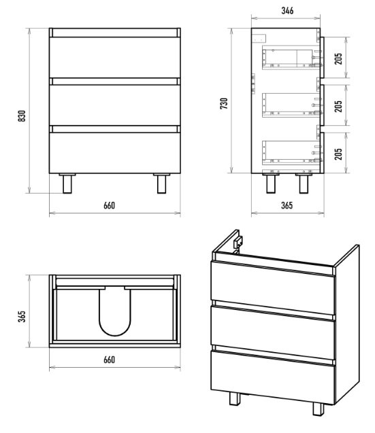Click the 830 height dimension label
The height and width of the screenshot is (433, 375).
point(22,116)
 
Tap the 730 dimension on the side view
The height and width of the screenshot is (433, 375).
point(224,103)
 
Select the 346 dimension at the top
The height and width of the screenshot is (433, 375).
point(287,11)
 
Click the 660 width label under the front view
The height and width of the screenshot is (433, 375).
point(110,205)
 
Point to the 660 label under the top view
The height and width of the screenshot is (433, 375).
point(110,360)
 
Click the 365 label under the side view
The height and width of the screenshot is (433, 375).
point(287,205)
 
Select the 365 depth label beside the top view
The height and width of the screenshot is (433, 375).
point(22,317)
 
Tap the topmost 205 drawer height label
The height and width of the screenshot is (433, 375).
point(338,58)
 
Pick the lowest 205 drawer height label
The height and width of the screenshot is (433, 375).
point(338,154)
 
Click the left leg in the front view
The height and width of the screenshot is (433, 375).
point(67,184)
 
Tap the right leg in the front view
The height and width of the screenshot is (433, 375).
point(162,184)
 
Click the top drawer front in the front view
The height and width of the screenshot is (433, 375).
point(115,57)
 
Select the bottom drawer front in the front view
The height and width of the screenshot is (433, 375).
point(115,153)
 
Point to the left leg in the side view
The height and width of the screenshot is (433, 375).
point(271,183)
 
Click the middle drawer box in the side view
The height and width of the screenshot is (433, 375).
point(291,105)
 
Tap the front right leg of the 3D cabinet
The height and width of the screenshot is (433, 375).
point(319,409)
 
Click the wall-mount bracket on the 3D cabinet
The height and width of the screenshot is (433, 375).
point(238,243)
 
